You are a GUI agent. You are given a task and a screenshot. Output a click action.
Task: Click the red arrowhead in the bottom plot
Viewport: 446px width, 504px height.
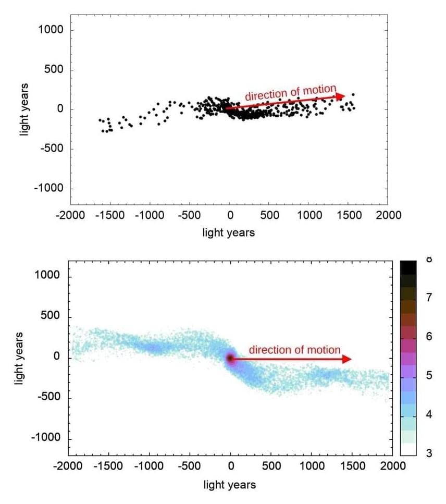tap(346, 359)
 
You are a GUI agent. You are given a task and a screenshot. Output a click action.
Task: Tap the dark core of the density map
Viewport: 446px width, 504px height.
tap(230, 358)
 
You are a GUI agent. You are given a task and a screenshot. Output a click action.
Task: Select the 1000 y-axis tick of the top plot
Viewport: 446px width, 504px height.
tap(51, 30)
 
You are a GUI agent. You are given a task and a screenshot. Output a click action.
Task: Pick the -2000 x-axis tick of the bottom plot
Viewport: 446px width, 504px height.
tap(68, 465)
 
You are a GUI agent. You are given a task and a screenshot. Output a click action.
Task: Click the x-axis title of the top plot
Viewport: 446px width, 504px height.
tap(229, 232)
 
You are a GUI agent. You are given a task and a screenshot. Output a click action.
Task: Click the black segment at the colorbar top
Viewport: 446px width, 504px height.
tap(408, 267)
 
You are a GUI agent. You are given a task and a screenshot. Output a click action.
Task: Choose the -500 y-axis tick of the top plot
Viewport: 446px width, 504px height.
tap(49, 149)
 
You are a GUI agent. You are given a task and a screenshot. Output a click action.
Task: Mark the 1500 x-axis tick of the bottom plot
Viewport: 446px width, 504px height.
tap(351, 465)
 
